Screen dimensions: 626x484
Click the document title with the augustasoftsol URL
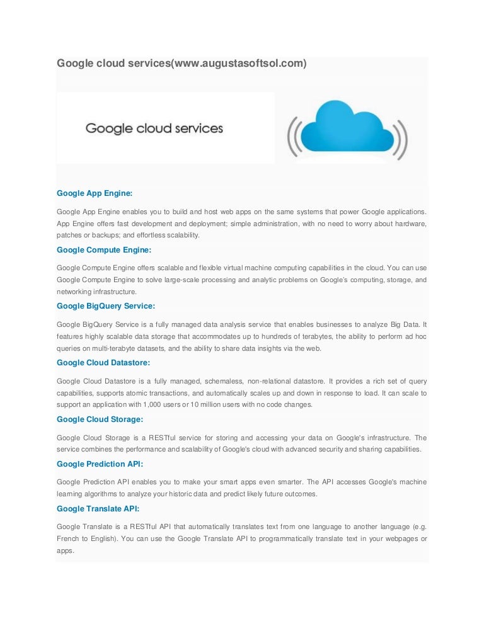181,64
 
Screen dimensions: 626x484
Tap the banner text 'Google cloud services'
154,129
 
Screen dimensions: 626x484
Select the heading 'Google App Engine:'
95,193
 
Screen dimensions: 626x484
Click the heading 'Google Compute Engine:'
104,249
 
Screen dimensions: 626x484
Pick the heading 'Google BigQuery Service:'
106,306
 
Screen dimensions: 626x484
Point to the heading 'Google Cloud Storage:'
100,419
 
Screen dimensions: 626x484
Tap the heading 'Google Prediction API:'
100,464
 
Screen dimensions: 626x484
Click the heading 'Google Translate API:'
98,508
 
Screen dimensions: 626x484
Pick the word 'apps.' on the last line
65,550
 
